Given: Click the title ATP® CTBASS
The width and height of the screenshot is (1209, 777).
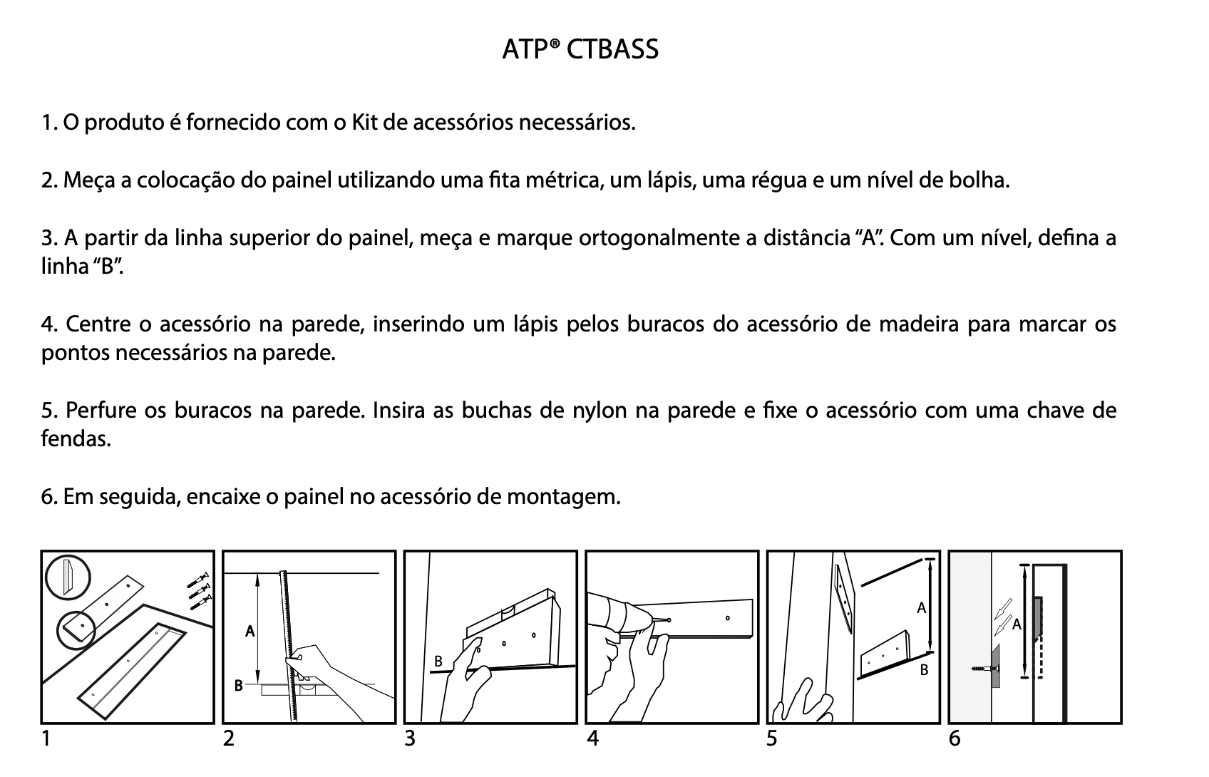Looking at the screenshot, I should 580,49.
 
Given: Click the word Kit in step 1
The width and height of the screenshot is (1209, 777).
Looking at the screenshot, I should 365,123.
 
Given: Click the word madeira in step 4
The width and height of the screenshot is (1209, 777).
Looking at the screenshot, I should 918,324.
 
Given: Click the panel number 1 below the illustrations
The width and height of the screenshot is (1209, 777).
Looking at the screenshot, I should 46,739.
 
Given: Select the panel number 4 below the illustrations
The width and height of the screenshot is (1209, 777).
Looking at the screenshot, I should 592,739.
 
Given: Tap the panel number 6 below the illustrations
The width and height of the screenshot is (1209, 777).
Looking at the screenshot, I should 955,739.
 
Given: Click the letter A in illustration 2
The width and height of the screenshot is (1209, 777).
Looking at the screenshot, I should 249,631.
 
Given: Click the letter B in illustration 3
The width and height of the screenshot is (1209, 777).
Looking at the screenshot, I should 438,662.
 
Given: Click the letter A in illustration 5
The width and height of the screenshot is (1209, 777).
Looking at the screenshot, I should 921,608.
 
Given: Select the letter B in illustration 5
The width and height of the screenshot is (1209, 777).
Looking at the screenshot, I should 924,670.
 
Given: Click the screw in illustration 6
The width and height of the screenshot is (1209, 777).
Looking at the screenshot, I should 984,669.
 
